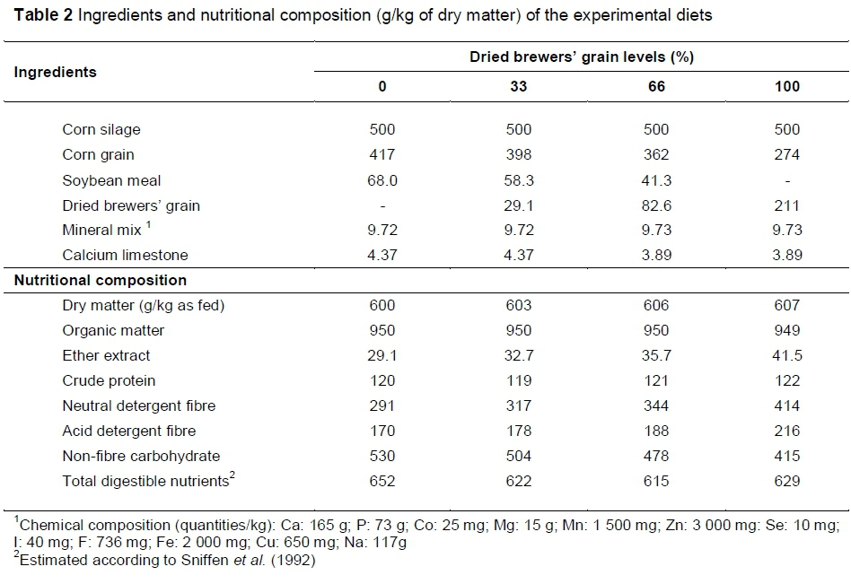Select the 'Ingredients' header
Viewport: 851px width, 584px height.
(55, 72)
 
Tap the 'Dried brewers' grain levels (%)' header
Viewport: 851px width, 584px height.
(583, 57)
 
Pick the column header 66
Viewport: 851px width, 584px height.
(656, 87)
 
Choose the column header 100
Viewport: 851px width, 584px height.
(786, 87)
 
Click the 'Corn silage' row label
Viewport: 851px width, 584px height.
(101, 129)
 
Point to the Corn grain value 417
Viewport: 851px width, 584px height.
(382, 154)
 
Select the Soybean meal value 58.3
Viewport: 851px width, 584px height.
(519, 180)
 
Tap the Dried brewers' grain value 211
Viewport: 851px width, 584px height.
(786, 205)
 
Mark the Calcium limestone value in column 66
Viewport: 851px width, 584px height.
(656, 255)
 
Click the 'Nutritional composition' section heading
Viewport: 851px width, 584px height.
(100, 281)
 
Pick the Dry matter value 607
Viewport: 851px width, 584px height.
(786, 305)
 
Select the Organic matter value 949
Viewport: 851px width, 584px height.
(786, 330)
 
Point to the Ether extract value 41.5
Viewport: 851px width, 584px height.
(786, 355)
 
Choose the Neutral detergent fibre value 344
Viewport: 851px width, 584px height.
(656, 405)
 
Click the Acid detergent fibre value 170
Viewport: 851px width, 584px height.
(382, 431)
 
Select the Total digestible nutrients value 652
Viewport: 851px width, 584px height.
(382, 481)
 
